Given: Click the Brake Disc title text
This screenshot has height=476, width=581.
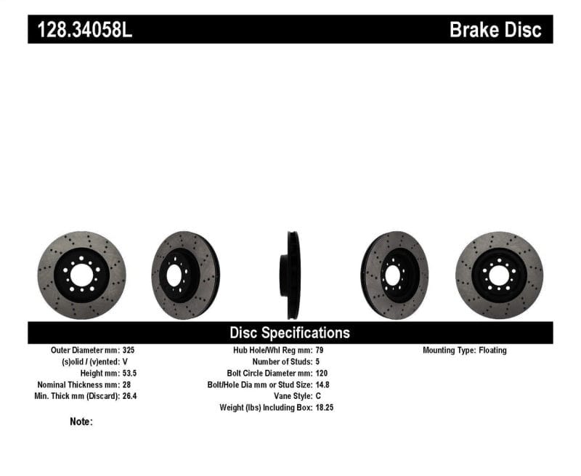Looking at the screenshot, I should (495, 30).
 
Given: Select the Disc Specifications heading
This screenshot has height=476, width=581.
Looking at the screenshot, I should (290, 333).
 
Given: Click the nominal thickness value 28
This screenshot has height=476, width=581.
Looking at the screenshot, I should (128, 384).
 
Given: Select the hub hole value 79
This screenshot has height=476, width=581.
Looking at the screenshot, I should (320, 350).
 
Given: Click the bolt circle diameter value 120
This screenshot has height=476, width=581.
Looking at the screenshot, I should (322, 373).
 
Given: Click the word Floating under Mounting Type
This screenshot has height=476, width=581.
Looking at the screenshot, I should (492, 350).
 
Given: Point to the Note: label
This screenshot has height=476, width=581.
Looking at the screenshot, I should (81, 421).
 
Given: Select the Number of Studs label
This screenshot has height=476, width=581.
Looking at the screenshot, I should (282, 361).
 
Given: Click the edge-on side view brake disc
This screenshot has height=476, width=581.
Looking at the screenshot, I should (292, 275).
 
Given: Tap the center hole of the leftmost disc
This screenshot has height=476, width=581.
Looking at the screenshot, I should (82, 275).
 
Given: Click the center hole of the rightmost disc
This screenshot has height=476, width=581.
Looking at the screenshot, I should (499, 275).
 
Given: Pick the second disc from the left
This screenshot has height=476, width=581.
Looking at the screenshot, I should (184, 275).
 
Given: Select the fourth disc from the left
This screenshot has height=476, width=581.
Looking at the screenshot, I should (394, 275).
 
